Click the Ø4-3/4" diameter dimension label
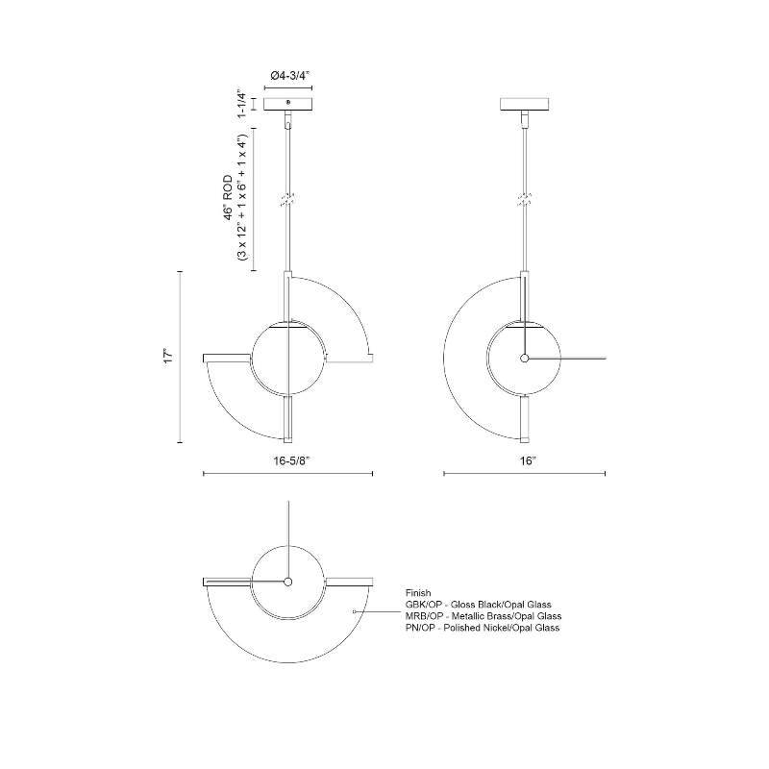(x=290, y=76)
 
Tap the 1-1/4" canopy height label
(x=241, y=104)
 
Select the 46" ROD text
(x=229, y=198)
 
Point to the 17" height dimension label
(x=169, y=356)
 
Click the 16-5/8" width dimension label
(x=291, y=461)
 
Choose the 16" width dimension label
(x=528, y=461)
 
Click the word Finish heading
(x=418, y=593)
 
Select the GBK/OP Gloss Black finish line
(x=478, y=605)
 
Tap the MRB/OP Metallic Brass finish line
(x=484, y=616)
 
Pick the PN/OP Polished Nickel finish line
(x=483, y=628)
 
